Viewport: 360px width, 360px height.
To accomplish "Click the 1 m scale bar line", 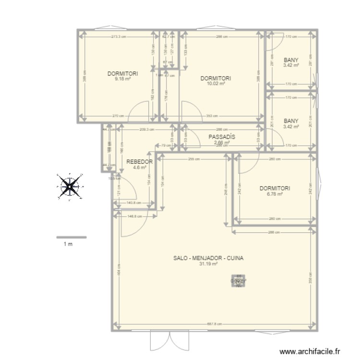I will point(71,237).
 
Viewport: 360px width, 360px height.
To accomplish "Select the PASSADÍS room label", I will point(222,137).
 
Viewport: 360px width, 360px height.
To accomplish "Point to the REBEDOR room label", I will point(139,162).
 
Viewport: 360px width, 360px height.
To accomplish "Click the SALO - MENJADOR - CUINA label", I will point(209,258).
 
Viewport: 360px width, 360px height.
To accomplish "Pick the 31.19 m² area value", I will point(209,264).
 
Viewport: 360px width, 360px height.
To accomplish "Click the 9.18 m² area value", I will point(123,79).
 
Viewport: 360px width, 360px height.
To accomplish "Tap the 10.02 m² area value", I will point(216,84).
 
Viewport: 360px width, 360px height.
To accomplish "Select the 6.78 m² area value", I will point(274,194).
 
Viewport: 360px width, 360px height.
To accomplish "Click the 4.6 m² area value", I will point(139,168).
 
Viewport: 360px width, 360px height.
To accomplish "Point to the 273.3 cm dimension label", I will point(119,36).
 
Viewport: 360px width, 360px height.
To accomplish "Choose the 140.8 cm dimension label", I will point(134,203).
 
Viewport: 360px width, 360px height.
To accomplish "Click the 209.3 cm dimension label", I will point(146,129).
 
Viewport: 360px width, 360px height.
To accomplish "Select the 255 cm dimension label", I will point(194,160).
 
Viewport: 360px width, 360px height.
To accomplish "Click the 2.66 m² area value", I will point(222,142).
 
